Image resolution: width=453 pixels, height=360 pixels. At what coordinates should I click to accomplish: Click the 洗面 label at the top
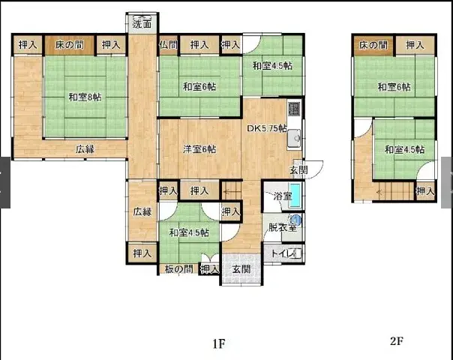[142, 23]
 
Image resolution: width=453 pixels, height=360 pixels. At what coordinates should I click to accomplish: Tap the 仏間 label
[167, 45]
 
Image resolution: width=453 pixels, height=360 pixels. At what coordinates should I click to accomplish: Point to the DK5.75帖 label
[267, 128]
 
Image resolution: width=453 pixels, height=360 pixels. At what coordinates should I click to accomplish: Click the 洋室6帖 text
[199, 148]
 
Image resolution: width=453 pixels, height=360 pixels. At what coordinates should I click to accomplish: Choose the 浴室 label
[282, 196]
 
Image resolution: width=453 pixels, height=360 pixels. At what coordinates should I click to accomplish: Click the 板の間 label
[178, 269]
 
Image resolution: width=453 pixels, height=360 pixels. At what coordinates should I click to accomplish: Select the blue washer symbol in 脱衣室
[295, 220]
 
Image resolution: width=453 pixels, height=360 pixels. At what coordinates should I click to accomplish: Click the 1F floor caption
[218, 344]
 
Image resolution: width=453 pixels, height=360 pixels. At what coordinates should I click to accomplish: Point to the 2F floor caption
[397, 340]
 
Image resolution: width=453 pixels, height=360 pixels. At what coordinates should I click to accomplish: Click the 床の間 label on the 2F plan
[373, 46]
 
